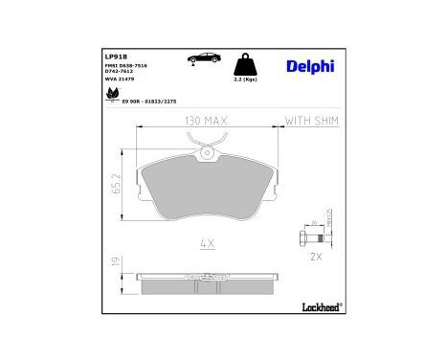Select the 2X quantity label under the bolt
(317, 258)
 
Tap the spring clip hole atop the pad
(207, 150)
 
